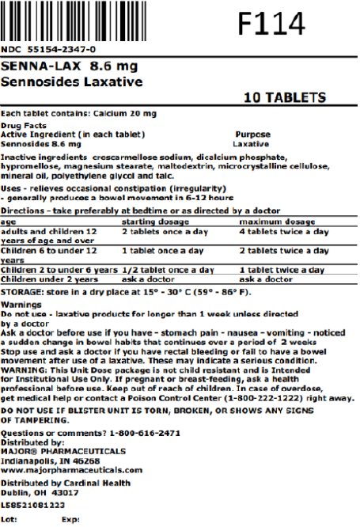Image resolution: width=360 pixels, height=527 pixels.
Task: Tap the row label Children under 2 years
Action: pos(49,279)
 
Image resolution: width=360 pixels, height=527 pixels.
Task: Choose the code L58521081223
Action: pos(33,504)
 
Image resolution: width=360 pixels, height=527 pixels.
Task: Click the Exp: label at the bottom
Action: pos(70,520)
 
